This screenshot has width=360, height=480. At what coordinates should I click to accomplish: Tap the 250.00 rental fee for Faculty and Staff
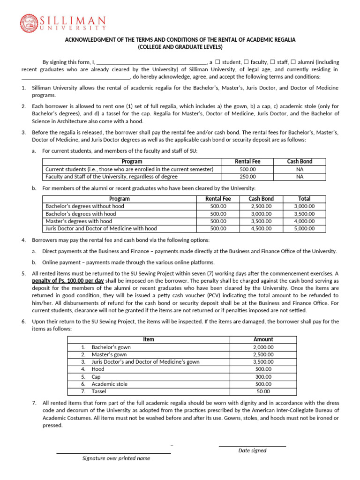pyautogui.click(x=247, y=177)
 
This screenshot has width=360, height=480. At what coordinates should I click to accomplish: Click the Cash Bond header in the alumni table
pyautogui.click(x=262, y=199)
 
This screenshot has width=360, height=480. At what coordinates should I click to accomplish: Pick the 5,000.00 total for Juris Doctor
pyautogui.click(x=304, y=229)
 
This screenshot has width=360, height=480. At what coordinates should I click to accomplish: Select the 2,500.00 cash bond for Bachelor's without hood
pyautogui.click(x=262, y=206)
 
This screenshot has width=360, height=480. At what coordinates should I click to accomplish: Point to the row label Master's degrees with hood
pyautogui.click(x=79, y=221)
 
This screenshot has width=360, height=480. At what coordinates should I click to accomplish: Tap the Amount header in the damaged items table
pyautogui.click(x=263, y=339)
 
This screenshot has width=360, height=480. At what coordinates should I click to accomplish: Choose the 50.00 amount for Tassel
pyautogui.click(x=263, y=391)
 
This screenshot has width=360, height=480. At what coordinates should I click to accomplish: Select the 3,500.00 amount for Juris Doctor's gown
pyautogui.click(x=263, y=362)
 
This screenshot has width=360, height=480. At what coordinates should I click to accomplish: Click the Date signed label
pyautogui.click(x=252, y=450)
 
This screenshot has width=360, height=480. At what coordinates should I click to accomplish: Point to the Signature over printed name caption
pyautogui.click(x=116, y=458)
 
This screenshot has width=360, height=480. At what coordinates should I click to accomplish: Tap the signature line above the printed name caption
pyautogui.click(x=113, y=453)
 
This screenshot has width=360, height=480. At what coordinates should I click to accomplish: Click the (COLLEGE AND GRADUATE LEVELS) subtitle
pyautogui.click(x=180, y=47)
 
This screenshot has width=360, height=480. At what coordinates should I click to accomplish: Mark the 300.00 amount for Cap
pyautogui.click(x=263, y=376)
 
